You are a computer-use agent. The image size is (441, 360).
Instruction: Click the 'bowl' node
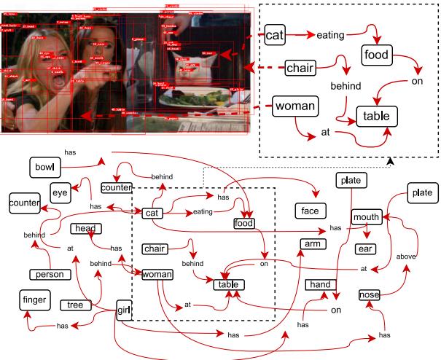(x=43, y=168)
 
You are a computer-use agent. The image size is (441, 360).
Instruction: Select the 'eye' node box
(x=60, y=192)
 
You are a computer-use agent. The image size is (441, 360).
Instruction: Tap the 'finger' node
(x=34, y=299)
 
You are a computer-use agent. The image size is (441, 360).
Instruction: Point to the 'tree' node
(x=95, y=305)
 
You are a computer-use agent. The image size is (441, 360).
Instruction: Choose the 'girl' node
(x=124, y=311)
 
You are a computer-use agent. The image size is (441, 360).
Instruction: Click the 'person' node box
(x=50, y=275)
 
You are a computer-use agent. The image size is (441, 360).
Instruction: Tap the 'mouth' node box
(x=367, y=217)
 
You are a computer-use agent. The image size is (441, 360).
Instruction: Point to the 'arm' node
(x=312, y=243)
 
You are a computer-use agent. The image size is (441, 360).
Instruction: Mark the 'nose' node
(x=369, y=295)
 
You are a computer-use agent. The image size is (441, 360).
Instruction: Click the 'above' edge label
(x=406, y=257)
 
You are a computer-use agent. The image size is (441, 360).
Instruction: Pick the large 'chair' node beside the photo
(x=300, y=69)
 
